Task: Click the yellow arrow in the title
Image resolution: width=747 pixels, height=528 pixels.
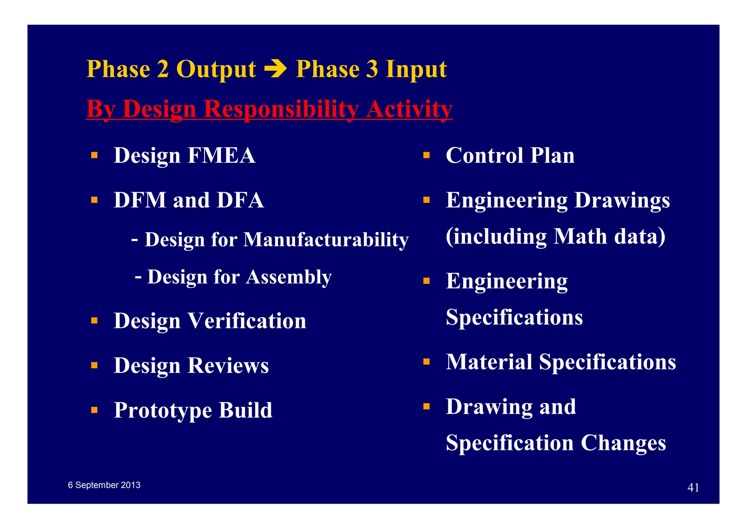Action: (275, 69)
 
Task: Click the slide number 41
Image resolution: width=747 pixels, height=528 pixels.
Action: (693, 488)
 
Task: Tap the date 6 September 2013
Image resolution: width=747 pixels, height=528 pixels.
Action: (104, 485)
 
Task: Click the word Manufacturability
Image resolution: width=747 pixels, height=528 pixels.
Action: (326, 240)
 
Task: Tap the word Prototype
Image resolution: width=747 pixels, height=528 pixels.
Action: (163, 411)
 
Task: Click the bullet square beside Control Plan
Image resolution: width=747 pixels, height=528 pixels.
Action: (426, 155)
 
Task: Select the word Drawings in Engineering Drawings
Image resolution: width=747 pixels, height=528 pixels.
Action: (622, 200)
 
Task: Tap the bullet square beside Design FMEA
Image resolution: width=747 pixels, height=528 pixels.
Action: (94, 155)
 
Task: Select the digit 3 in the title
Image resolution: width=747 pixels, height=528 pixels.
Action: (372, 69)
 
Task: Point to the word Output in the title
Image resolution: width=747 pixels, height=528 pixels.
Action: (216, 69)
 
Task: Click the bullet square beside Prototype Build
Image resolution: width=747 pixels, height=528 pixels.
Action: (94, 410)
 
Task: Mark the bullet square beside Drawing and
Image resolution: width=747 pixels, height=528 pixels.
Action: (426, 406)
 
